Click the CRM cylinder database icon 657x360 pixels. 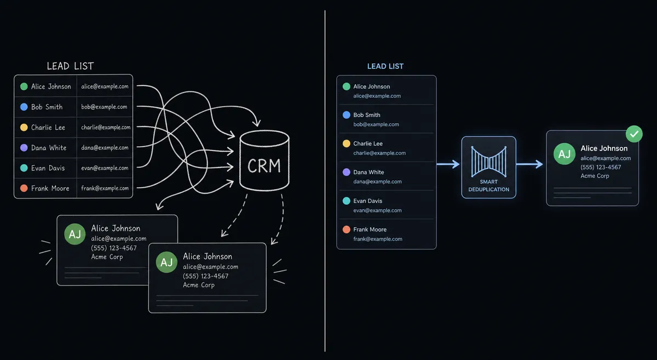pos(264,161)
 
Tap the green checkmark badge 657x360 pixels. pos(634,134)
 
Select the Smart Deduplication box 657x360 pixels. pos(488,167)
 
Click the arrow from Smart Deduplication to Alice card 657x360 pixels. pos(530,164)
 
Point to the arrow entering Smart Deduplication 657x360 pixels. pos(448,164)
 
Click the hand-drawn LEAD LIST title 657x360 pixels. pos(71,66)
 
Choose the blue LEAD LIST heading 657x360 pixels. pos(385,66)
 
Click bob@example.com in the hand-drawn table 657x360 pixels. pos(104,107)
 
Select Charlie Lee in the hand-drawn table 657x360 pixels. pos(48,127)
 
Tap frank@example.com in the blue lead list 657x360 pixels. pos(378,239)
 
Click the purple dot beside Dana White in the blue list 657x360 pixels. pos(347,172)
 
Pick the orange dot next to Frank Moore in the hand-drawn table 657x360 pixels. pos(24,188)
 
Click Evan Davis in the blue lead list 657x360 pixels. pos(368,201)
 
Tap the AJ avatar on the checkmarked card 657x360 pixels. pos(564,154)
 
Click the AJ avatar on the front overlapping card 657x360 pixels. pos(166,262)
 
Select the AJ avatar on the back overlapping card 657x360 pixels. pos(75,234)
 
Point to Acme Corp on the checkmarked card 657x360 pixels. pos(595,176)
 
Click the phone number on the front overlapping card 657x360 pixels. pos(206,276)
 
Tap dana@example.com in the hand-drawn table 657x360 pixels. pos(105,148)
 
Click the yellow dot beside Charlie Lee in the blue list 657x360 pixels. pos(347,143)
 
